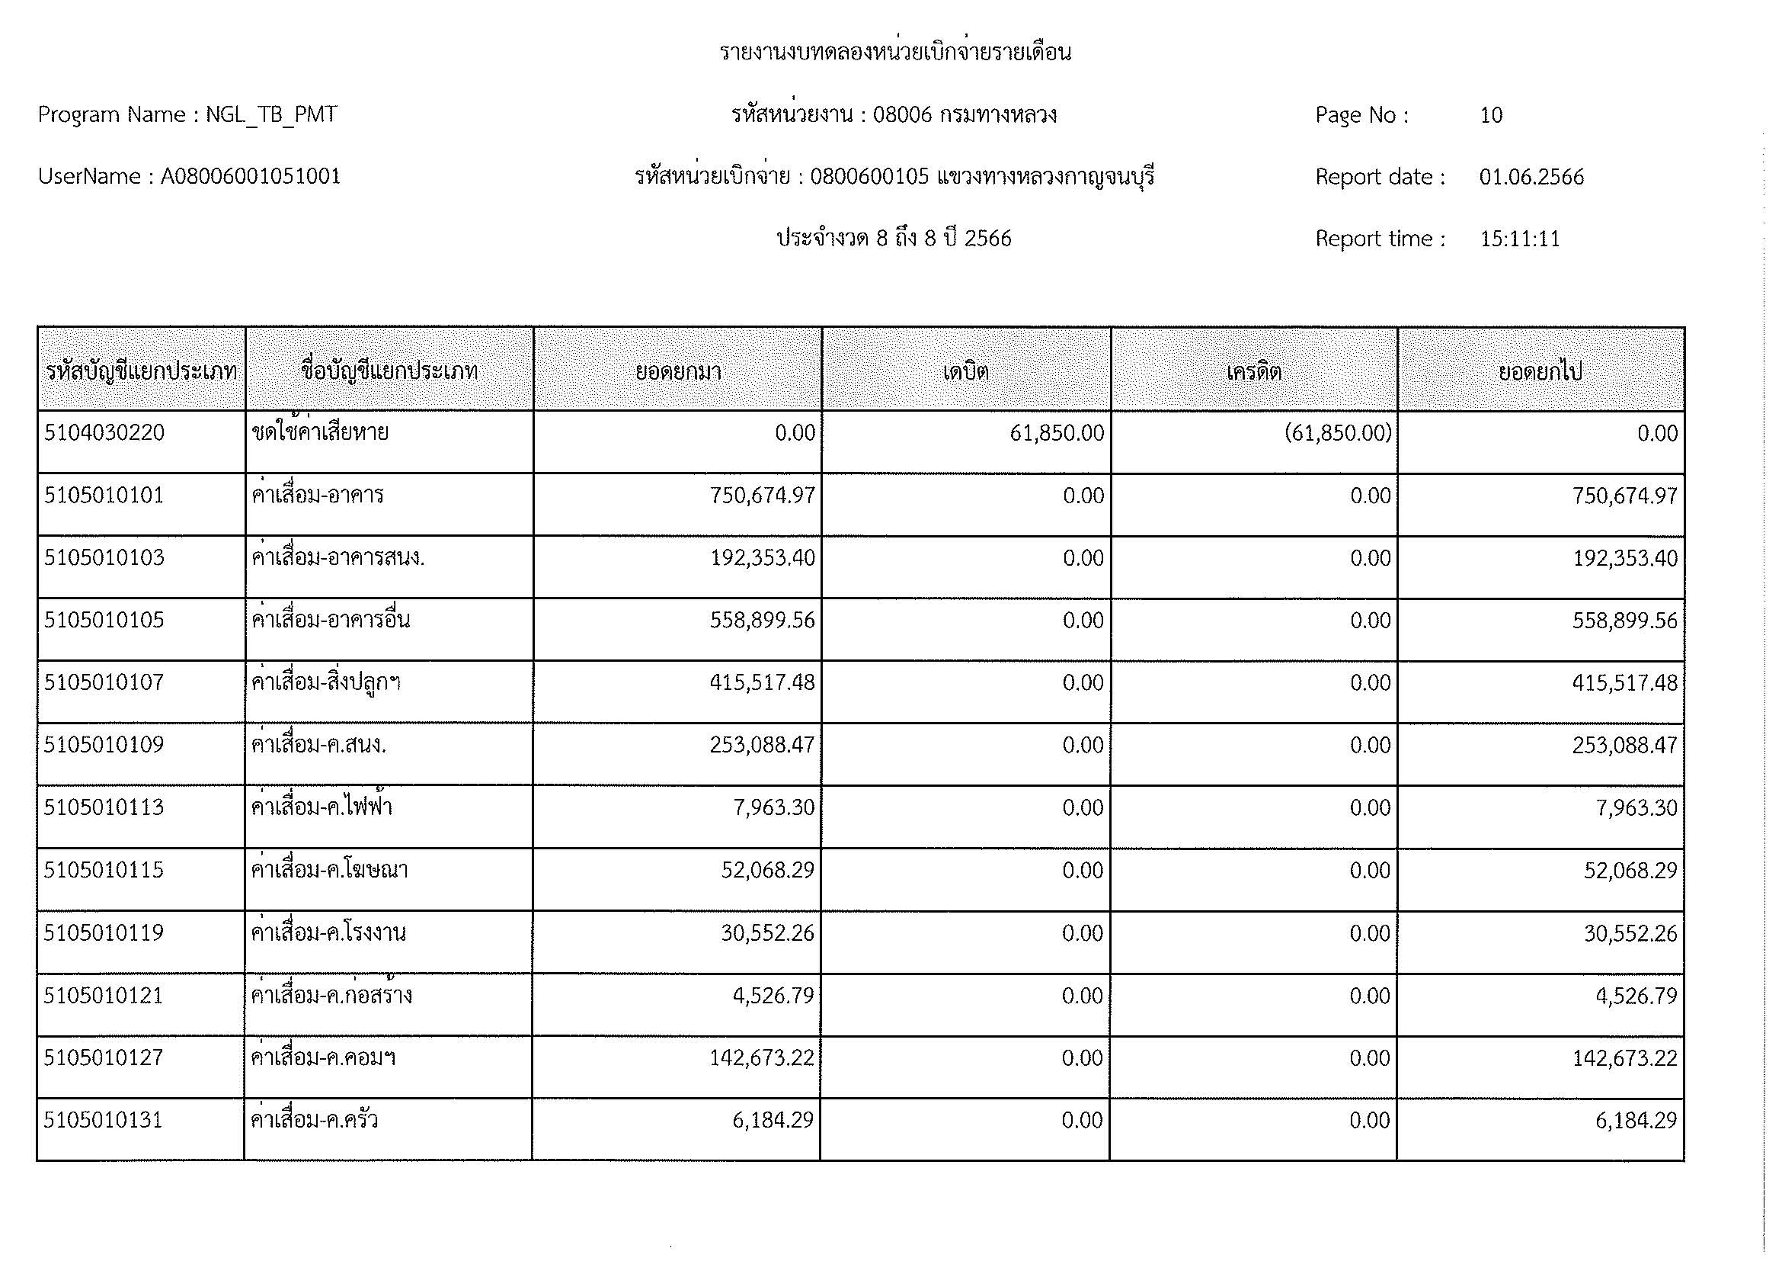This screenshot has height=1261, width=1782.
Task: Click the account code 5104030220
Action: [105, 432]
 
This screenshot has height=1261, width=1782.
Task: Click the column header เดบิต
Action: [965, 371]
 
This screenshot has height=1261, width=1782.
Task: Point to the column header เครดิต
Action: [1253, 371]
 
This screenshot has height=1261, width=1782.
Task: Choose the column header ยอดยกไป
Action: [1540, 371]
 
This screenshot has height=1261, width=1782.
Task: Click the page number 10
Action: [1491, 115]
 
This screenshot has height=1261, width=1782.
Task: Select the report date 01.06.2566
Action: [1531, 177]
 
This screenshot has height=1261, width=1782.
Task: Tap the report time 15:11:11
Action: [1520, 239]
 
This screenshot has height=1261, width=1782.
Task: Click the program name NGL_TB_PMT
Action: [271, 115]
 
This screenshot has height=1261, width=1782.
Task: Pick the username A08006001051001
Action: [251, 177]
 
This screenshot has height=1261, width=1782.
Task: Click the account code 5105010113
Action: [104, 807]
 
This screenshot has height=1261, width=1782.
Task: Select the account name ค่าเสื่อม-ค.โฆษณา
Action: [330, 870]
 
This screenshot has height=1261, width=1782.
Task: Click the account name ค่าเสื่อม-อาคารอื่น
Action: [331, 620]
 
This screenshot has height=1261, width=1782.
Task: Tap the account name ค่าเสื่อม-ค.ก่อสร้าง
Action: [331, 995]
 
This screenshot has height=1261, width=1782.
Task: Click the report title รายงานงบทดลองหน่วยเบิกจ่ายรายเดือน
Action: [895, 53]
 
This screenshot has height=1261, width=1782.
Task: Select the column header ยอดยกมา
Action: [678, 371]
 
